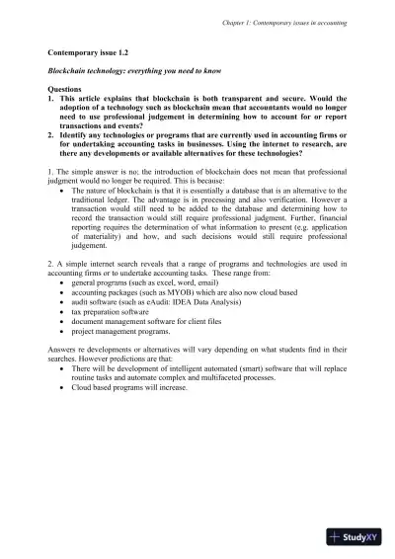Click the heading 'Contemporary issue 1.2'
tap(90, 48)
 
